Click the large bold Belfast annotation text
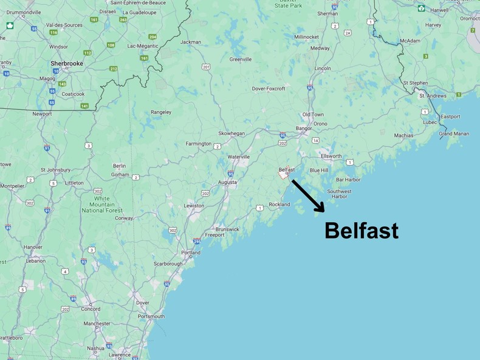(x=362, y=231)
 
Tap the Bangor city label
(x=303, y=128)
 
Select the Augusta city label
(x=227, y=182)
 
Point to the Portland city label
(x=190, y=253)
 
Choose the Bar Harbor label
(x=348, y=180)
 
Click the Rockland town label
(x=279, y=205)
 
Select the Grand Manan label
(x=454, y=134)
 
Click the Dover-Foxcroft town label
(x=268, y=89)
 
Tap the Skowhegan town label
(x=231, y=133)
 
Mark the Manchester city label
(x=97, y=324)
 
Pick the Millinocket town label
(x=306, y=36)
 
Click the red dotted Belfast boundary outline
(x=283, y=175)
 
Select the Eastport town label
(x=450, y=116)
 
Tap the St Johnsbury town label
(x=55, y=169)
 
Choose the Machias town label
(x=403, y=135)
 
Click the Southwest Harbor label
(x=339, y=194)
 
